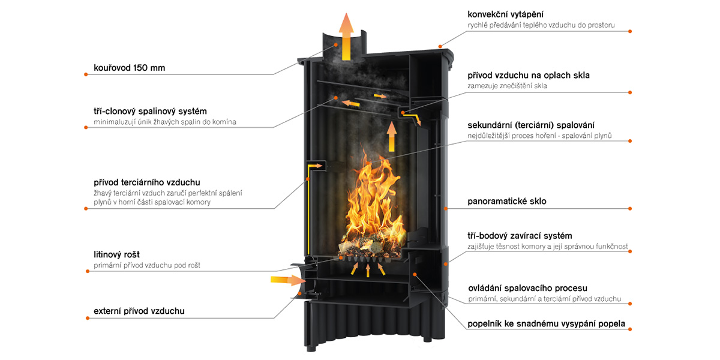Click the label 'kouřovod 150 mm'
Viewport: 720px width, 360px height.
pyautogui.click(x=129, y=68)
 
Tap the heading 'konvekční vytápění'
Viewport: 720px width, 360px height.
pyautogui.click(x=506, y=14)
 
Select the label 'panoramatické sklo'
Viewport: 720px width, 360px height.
pyautogui.click(x=507, y=201)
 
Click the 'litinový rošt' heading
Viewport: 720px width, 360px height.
pyautogui.click(x=116, y=254)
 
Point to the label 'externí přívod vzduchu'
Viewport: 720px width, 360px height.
pyautogui.click(x=139, y=311)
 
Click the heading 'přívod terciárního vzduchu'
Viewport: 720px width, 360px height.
pyautogui.click(x=147, y=182)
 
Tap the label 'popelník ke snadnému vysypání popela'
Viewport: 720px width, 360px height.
pyautogui.click(x=546, y=324)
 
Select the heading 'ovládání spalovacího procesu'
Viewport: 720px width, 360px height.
pyautogui.click(x=527, y=288)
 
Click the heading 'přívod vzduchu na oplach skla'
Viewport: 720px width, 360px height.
pyautogui.click(x=529, y=76)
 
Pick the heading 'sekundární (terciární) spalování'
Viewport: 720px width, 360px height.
pyautogui.click(x=531, y=125)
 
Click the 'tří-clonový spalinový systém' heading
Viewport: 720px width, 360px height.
pyautogui.click(x=150, y=111)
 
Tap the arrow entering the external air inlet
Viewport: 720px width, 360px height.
pyautogui.click(x=284, y=279)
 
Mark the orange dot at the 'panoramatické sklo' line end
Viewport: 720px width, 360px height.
pyautogui.click(x=631, y=208)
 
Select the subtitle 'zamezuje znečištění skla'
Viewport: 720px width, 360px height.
pyautogui.click(x=507, y=86)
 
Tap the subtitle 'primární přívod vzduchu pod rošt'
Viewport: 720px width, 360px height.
pyautogui.click(x=147, y=265)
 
